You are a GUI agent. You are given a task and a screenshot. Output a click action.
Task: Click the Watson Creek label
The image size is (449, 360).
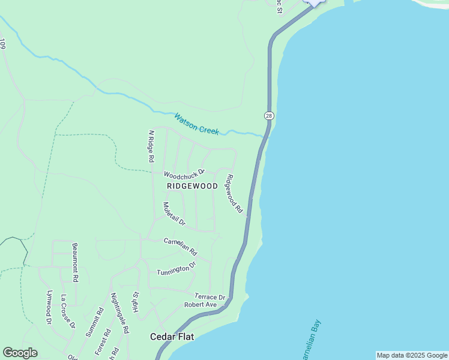pos(196,123)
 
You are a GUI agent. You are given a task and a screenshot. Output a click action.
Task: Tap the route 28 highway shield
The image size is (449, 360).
pos(268,115)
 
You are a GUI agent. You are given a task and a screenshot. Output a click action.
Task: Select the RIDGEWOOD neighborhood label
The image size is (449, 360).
pos(192,186)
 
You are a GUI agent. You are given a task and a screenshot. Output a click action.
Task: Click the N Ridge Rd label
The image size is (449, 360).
pos(151,146)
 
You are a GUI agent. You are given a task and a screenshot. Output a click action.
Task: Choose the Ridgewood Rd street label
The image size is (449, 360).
pos(234,193)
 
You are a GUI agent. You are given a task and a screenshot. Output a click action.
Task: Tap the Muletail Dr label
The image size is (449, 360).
pos(174,214)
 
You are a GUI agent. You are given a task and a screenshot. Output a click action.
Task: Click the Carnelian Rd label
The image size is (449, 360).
pos(180,246)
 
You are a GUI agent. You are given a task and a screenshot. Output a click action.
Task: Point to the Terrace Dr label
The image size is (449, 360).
pos(209,296)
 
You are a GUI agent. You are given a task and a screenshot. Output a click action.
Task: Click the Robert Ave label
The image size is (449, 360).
pos(200,305)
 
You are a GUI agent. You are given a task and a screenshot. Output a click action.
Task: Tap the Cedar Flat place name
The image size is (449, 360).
pos(171,337)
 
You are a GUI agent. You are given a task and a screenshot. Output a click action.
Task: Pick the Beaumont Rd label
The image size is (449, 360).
pos(75,263)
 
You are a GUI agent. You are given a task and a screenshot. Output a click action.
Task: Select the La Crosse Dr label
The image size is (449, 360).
pos(67,316)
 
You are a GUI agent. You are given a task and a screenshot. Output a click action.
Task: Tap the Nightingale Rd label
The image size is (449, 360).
pos(119,313)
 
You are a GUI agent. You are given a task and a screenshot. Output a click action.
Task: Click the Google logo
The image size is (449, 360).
pos(20,353)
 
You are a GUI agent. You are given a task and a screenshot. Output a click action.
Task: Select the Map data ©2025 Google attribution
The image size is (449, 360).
pos(412,355)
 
